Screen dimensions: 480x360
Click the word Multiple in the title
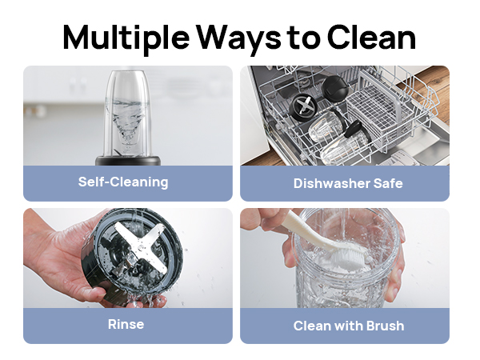coord(126,38)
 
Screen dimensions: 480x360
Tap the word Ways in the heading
coord(238,38)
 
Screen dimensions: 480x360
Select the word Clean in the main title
coord(372,37)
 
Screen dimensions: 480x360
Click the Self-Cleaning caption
coord(123,182)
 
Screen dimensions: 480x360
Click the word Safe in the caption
coord(388,183)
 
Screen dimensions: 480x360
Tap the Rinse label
coord(126,325)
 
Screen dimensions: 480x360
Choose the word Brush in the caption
coord(385,326)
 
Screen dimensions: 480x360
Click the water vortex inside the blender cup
coord(128,122)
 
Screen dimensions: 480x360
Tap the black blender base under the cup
coord(128,161)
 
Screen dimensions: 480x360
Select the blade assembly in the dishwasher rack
coord(302,107)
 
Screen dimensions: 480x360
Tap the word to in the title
coord(303,38)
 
